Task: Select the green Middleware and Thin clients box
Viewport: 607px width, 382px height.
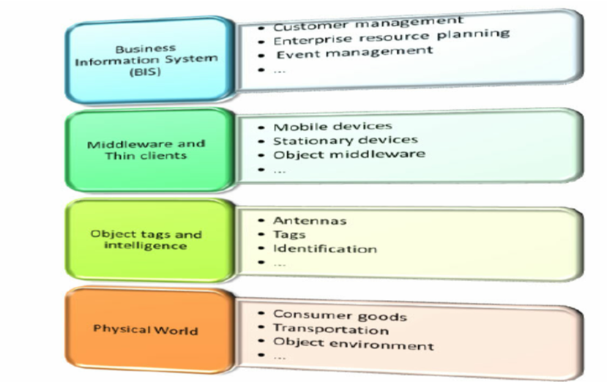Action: click(146, 149)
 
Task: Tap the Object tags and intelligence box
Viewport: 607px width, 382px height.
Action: click(146, 240)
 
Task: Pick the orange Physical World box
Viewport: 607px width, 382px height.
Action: click(146, 329)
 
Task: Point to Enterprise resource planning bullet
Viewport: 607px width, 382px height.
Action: click(391, 36)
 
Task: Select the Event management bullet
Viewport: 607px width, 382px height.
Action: click(354, 52)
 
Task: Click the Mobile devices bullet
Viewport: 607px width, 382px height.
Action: click(332, 127)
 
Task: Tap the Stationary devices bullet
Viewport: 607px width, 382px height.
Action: click(345, 140)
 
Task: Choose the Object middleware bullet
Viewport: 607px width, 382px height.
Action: click(349, 154)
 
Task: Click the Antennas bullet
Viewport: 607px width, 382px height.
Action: click(310, 220)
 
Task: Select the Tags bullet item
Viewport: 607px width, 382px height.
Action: click(289, 234)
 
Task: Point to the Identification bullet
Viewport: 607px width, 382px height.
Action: click(324, 249)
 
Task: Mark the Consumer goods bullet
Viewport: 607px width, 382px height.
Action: click(340, 316)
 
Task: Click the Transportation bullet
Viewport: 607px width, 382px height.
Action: click(330, 330)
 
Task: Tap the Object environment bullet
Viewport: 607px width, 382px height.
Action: click(353, 345)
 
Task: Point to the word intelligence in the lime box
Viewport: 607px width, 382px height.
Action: click(146, 246)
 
